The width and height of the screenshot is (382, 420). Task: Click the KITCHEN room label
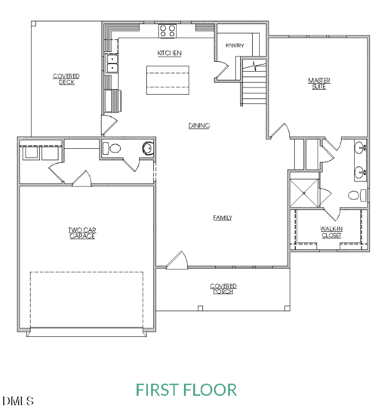tap(170, 53)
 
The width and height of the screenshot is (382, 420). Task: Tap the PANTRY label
tap(235, 46)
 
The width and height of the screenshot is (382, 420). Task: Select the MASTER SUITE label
tap(319, 84)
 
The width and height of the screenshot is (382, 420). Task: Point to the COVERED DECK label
tap(66, 79)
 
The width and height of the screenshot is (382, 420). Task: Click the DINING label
tap(199, 126)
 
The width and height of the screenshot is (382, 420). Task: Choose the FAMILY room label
tap(223, 218)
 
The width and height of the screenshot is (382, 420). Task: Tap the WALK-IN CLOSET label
tap(331, 232)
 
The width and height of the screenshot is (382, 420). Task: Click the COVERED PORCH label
tap(223, 289)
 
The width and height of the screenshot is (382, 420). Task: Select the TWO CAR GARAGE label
tap(82, 234)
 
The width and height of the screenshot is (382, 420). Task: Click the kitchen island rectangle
tap(168, 80)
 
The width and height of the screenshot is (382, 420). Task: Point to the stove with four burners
tap(167, 31)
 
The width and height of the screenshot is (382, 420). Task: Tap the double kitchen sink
tap(112, 63)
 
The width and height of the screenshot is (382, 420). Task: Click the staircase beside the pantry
tap(254, 85)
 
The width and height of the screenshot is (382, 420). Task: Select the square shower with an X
tap(304, 190)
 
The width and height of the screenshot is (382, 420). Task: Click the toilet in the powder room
tap(113, 148)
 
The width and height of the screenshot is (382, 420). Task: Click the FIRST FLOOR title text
tap(186, 390)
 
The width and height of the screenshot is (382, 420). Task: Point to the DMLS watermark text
tap(19, 401)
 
